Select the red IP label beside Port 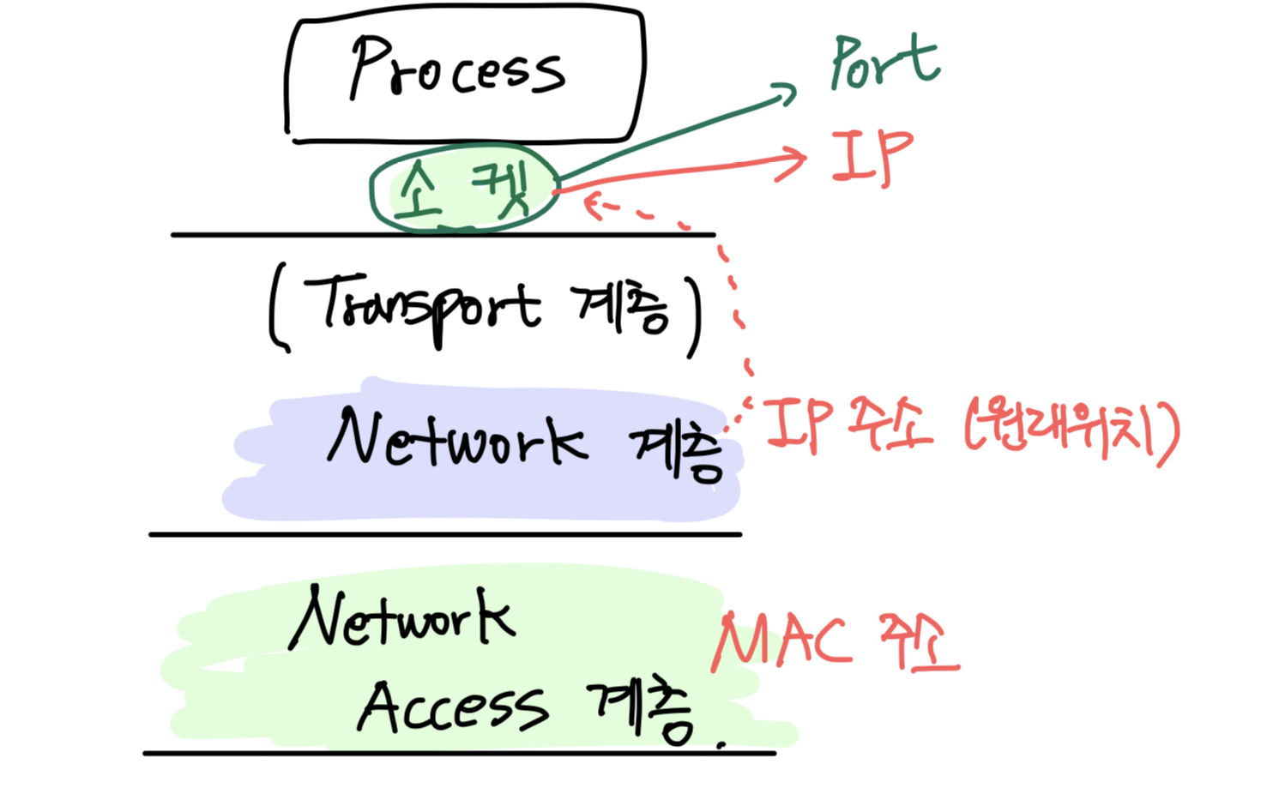point(871,158)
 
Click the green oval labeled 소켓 point(463,189)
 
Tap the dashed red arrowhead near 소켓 point(592,204)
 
